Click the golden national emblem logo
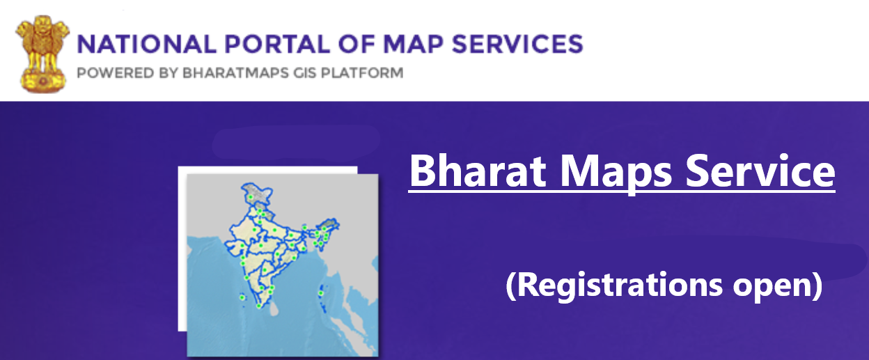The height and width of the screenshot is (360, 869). coord(42,54)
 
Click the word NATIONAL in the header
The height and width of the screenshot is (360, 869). coord(147,44)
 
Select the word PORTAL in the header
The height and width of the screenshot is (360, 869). coord(277,44)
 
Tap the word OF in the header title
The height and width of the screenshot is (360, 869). coord(356,44)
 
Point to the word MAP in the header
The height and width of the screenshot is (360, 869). coord(413,44)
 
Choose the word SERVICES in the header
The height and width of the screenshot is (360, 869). coord(517,44)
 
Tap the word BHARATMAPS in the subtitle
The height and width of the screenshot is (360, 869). coord(236,73)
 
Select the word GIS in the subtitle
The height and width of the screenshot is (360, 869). coord(305,73)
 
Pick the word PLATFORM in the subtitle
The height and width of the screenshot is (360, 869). coord(362,73)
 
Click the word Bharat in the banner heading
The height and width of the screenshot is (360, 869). coord(478,171)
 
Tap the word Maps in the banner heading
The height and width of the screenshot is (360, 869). coord(616,173)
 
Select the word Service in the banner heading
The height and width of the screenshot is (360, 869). coord(760,171)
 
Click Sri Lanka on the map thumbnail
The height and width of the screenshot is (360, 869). coord(274,308)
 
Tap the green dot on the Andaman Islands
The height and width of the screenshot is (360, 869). coord(321,294)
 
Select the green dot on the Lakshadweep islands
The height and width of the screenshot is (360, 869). coord(242,297)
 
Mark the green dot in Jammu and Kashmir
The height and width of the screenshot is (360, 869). coord(251,198)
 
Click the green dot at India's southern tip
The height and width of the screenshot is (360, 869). coord(259,306)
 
